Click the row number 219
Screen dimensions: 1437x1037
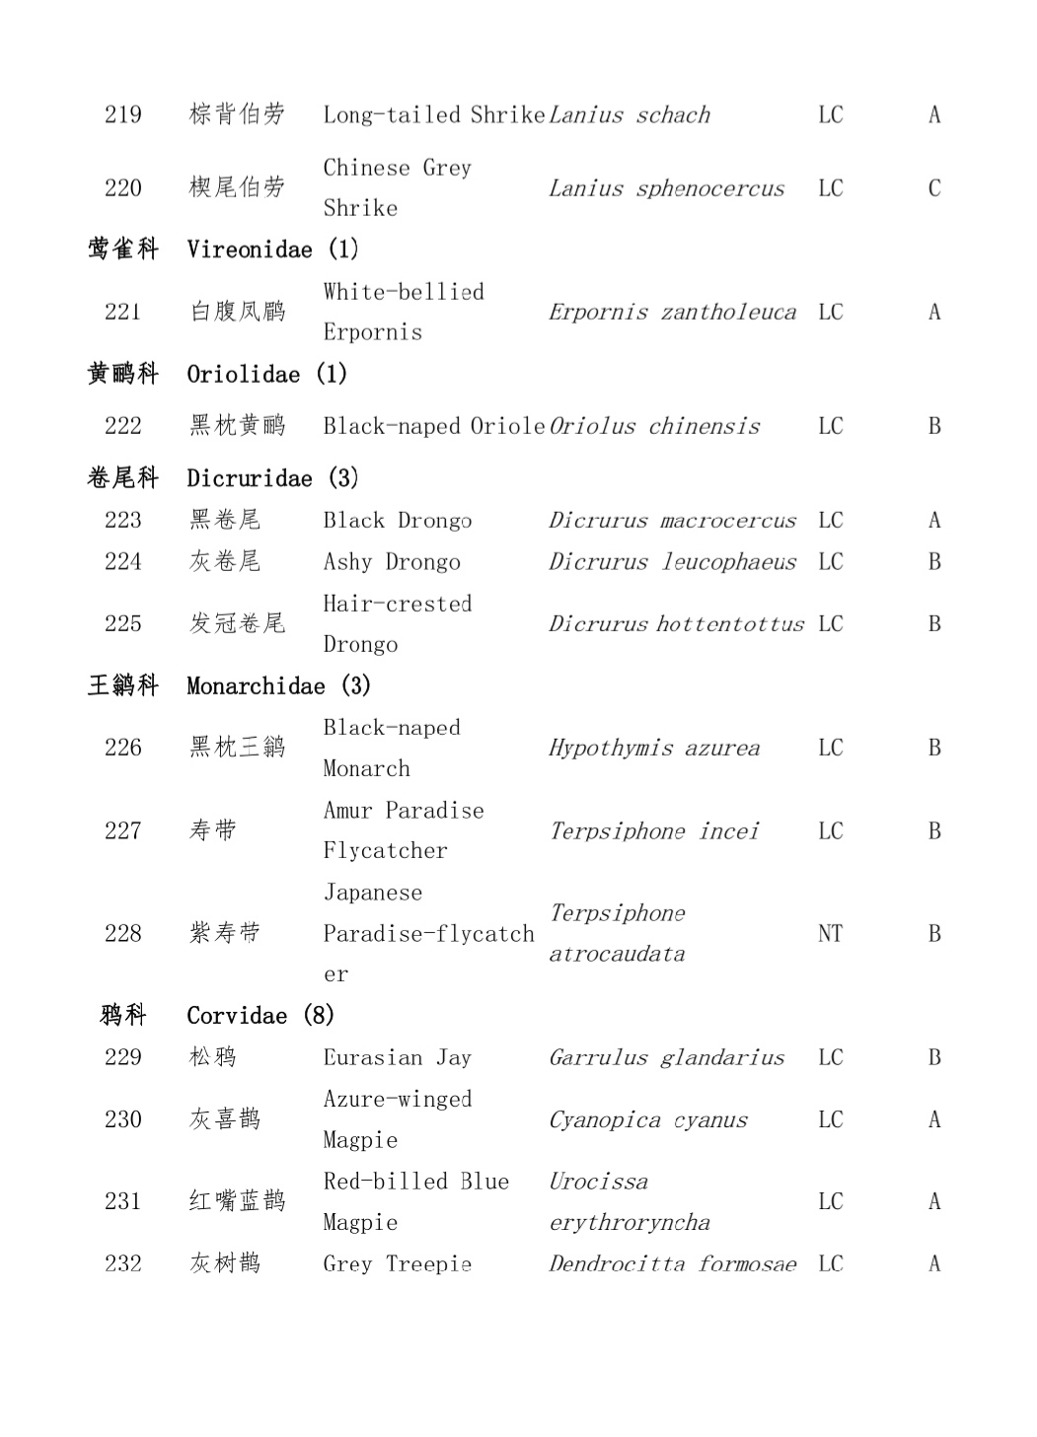(x=123, y=114)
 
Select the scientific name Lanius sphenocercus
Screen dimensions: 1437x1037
(x=666, y=188)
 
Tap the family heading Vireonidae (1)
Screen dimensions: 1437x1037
(x=272, y=250)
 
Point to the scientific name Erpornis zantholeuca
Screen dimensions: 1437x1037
(x=672, y=313)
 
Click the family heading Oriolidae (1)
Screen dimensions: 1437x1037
(x=266, y=374)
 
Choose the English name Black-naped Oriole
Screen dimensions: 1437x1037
(x=433, y=426)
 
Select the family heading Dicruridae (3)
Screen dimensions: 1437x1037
(x=272, y=478)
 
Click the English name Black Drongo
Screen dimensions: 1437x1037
(x=397, y=520)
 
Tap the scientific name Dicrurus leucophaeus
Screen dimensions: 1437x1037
(x=672, y=562)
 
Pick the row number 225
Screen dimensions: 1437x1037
(x=123, y=623)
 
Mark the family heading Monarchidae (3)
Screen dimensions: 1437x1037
(x=278, y=685)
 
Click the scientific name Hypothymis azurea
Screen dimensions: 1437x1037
(x=654, y=748)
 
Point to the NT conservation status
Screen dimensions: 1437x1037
(x=830, y=933)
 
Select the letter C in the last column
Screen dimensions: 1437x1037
(x=933, y=188)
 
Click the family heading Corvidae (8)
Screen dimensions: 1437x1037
(x=260, y=1016)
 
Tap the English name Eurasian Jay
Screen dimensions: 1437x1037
(x=397, y=1057)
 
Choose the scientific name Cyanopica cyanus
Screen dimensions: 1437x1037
(x=648, y=1119)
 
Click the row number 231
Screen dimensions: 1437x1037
(x=123, y=1201)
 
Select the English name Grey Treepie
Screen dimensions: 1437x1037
(x=397, y=1263)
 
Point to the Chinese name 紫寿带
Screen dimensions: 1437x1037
(x=225, y=933)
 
